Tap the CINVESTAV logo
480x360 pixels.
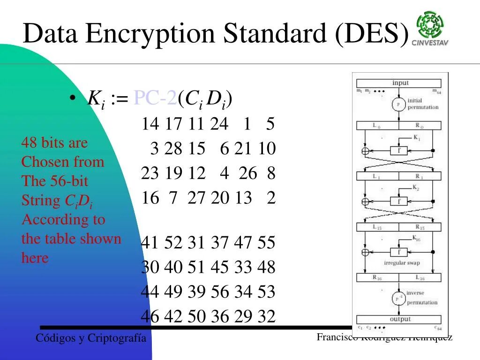(x=430, y=29)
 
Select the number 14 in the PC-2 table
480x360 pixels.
(x=150, y=124)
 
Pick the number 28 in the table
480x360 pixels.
(x=173, y=149)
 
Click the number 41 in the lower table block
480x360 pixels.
(x=150, y=243)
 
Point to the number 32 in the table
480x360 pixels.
(x=266, y=316)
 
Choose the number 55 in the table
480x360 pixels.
(x=266, y=243)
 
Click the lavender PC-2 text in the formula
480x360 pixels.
(x=155, y=98)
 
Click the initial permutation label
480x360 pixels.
(x=423, y=104)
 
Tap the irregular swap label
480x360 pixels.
(x=402, y=263)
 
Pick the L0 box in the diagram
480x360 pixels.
(x=377, y=126)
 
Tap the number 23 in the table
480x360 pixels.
(x=150, y=173)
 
